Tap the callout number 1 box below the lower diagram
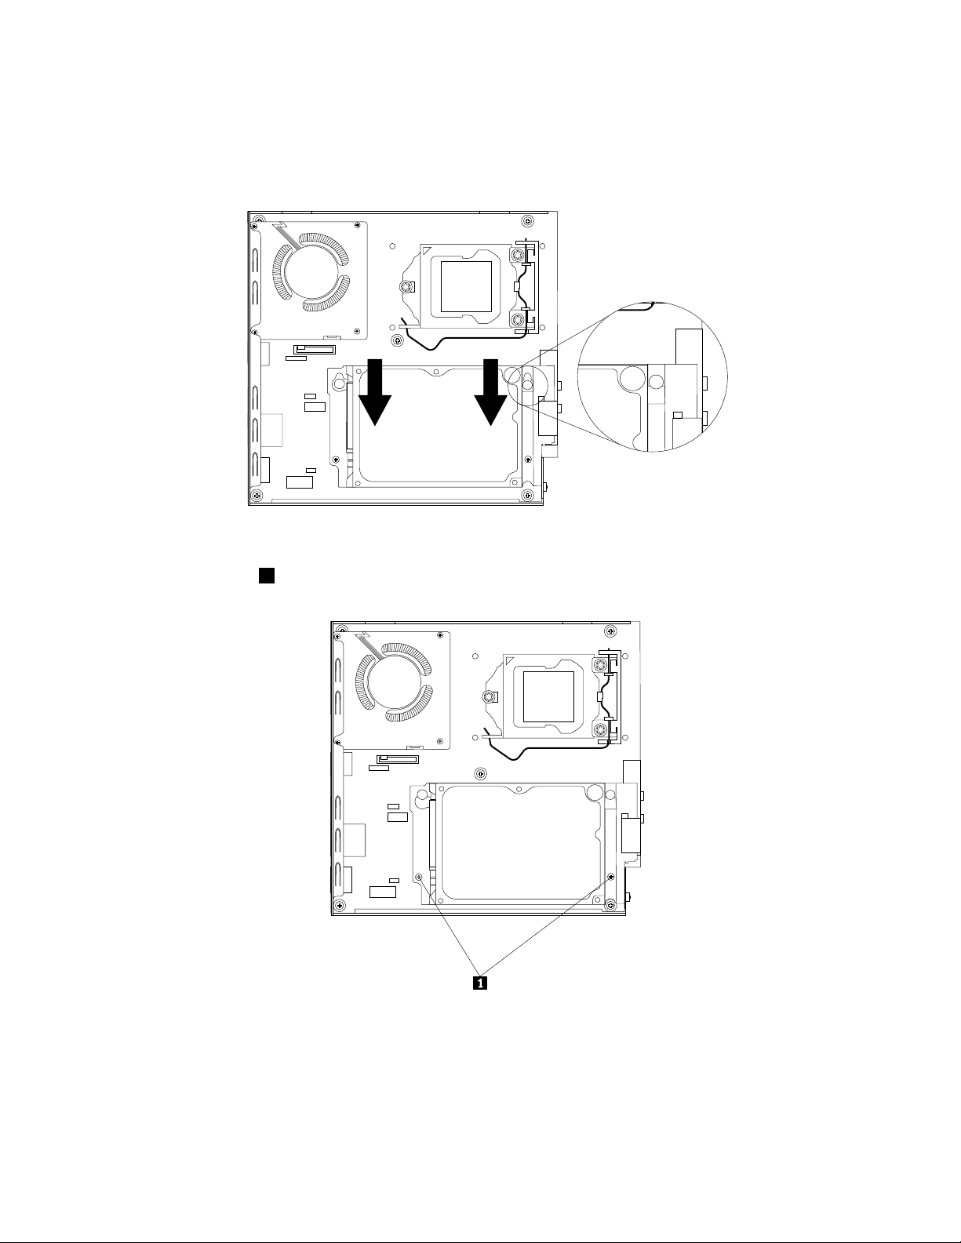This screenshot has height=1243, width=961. [480, 983]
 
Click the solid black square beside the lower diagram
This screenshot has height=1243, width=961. [267, 576]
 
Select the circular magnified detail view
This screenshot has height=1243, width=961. [653, 377]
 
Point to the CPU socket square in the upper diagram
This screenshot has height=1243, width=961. [467, 286]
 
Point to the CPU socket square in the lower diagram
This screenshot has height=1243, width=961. [548, 696]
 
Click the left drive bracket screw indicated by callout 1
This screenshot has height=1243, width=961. [419, 877]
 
